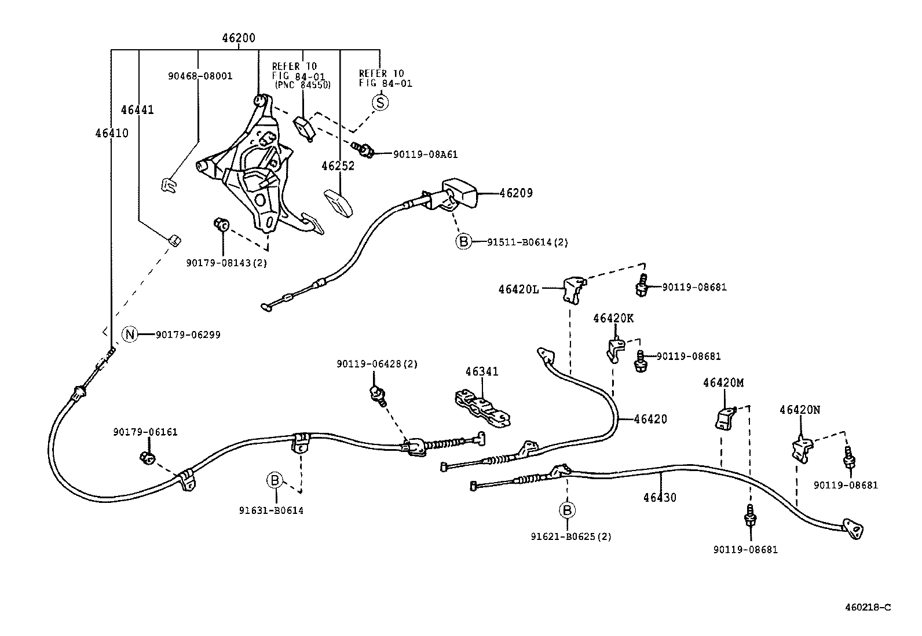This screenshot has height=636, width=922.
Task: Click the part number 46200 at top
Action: [238, 38]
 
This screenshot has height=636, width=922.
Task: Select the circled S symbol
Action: [380, 102]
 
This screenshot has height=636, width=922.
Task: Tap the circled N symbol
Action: [130, 334]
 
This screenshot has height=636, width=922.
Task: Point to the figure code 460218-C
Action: [867, 607]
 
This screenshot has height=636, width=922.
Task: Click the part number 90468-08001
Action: [200, 76]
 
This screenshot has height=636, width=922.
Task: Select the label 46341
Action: [481, 372]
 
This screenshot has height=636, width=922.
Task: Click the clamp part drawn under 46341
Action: [482, 408]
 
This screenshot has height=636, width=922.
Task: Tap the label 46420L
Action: [518, 288]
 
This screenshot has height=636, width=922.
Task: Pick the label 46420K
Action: [613, 318]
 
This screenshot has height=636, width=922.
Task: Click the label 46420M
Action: [723, 383]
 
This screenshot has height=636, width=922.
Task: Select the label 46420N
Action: [799, 410]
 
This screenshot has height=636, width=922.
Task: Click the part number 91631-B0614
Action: [271, 510]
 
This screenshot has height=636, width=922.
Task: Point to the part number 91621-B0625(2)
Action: [570, 536]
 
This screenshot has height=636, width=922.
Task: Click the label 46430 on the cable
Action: [659, 497]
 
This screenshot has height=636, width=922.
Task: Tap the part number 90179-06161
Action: [145, 432]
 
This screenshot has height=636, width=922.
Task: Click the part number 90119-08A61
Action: [425, 155]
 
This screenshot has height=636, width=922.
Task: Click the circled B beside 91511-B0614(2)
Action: [463, 242]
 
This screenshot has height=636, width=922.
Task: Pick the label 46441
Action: [137, 110]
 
